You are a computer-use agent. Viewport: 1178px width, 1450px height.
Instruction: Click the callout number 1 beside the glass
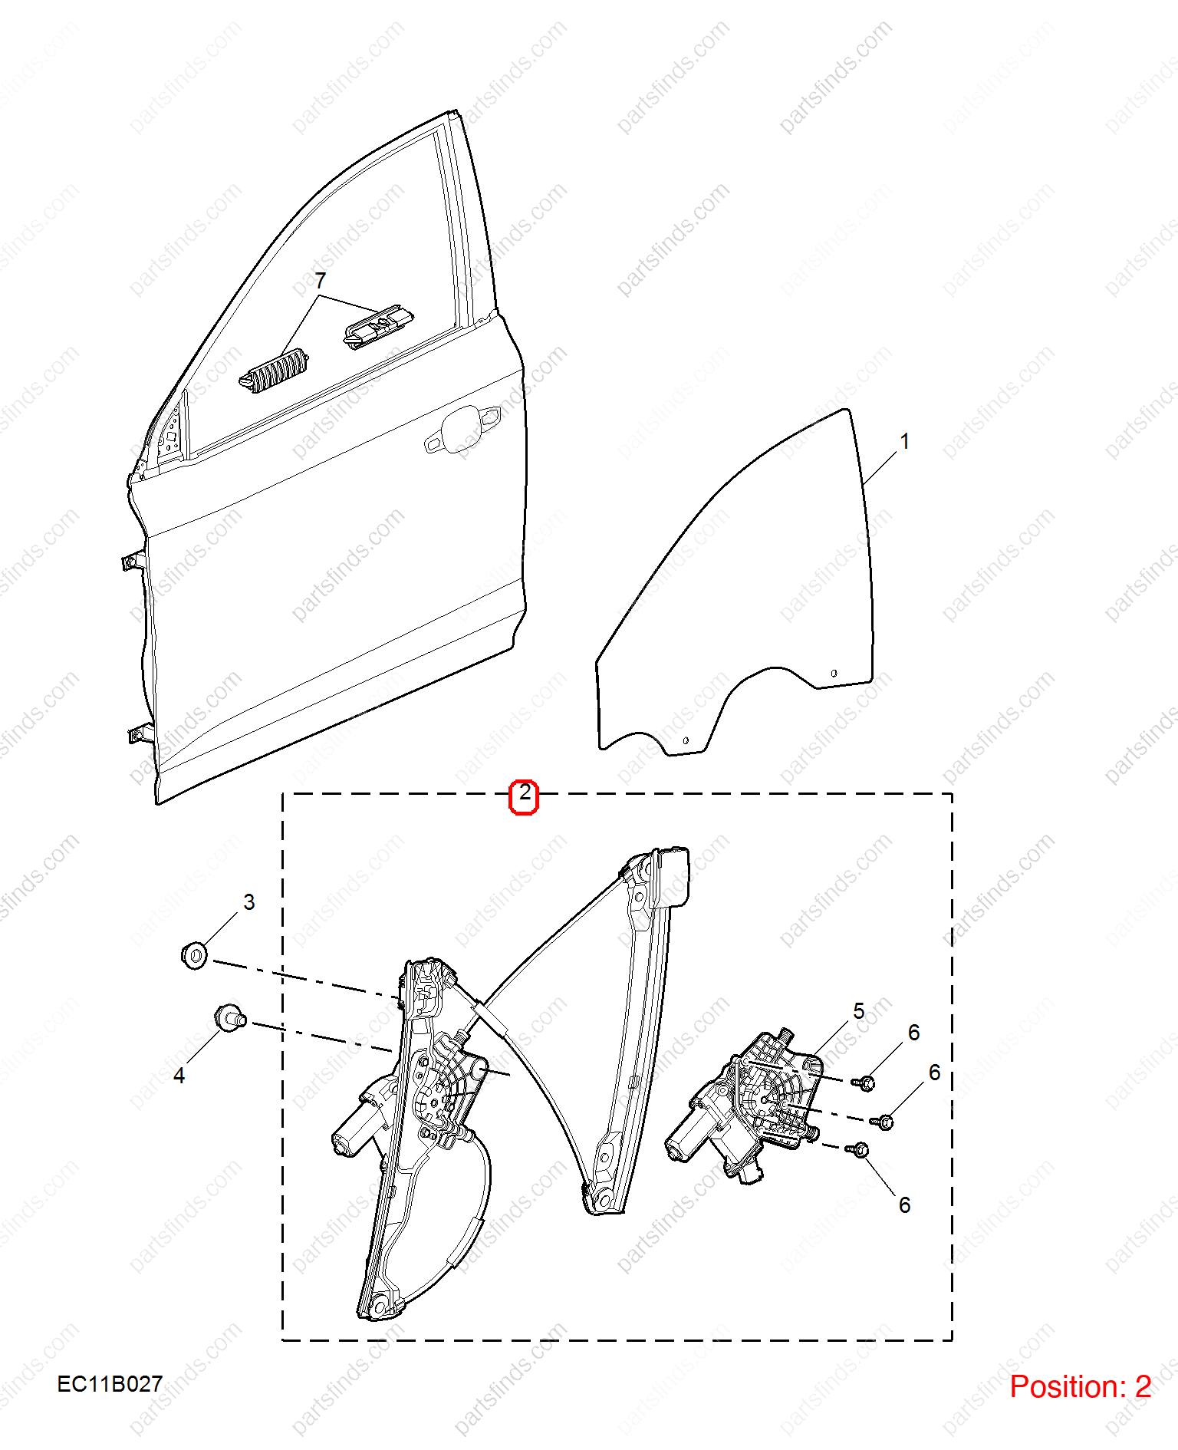[x=905, y=441]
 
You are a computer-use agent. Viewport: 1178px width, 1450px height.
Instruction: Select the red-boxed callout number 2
[x=525, y=793]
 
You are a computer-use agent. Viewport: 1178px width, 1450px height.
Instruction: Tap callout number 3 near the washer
[x=248, y=902]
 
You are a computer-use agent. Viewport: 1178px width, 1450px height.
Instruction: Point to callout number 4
[x=179, y=1076]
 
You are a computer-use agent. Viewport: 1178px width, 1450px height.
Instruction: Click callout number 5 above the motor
[x=859, y=1011]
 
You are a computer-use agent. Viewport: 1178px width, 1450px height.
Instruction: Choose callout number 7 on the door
[x=320, y=281]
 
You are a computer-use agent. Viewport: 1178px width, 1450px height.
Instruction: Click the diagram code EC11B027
[x=110, y=1384]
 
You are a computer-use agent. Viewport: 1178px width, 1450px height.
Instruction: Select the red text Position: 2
[x=1080, y=1387]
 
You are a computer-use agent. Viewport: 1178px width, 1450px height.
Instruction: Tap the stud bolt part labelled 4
[x=229, y=1018]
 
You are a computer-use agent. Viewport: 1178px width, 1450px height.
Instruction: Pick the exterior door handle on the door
[x=463, y=427]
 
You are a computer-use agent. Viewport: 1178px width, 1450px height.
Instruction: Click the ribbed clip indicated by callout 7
[x=274, y=371]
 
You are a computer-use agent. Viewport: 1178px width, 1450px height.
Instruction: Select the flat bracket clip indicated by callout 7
[x=378, y=326]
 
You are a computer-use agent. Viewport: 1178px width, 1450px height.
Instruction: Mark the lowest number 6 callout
[x=905, y=1205]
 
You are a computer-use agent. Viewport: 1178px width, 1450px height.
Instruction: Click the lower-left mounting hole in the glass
[x=686, y=740]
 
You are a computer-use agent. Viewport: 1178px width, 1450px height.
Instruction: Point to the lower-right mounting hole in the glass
[x=834, y=674]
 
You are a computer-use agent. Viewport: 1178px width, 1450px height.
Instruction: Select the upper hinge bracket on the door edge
[x=133, y=561]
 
